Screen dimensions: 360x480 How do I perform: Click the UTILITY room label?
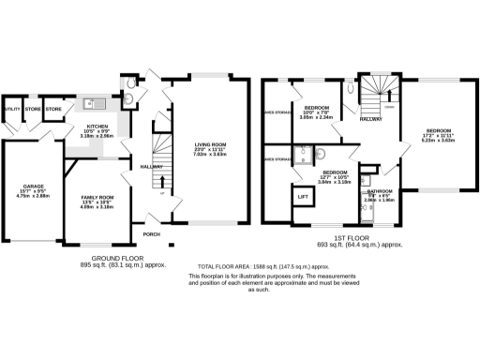coord(11,109)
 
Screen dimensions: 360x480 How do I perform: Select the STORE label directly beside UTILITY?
coord(33,109)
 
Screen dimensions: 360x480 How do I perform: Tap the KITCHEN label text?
coord(99,125)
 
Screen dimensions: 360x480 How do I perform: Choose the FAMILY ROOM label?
coord(99,172)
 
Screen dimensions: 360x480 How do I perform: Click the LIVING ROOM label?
coord(211,142)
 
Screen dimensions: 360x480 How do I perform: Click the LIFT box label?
coord(303,198)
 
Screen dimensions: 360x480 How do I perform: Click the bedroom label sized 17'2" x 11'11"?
coord(439,130)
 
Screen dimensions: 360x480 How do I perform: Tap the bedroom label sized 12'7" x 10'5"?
coord(337,172)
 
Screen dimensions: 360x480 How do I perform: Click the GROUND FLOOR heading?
coord(118,258)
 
